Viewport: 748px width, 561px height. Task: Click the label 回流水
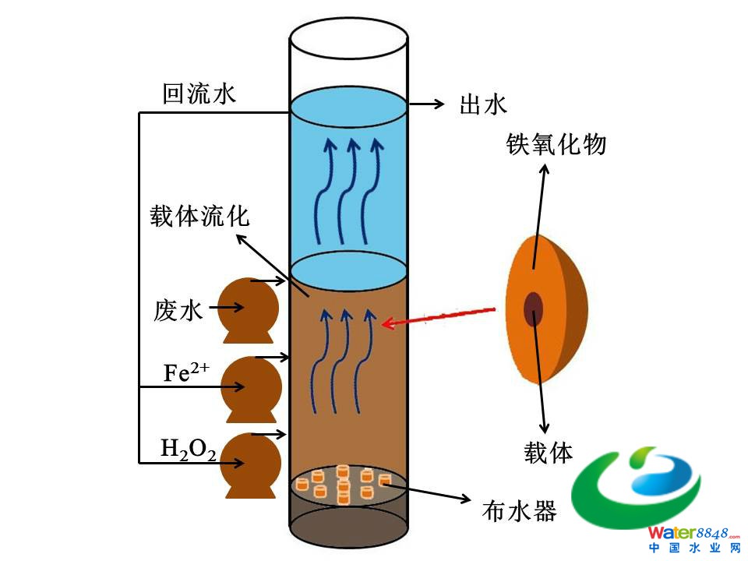[199, 94]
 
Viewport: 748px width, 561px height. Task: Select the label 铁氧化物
[556, 144]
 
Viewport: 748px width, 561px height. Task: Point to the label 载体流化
[200, 215]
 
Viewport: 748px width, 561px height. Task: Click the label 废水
[178, 311]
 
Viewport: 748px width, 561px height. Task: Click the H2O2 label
[188, 449]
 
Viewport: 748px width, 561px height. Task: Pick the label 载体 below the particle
[549, 452]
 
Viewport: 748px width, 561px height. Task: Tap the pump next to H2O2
[249, 464]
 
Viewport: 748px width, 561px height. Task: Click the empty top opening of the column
[348, 37]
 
